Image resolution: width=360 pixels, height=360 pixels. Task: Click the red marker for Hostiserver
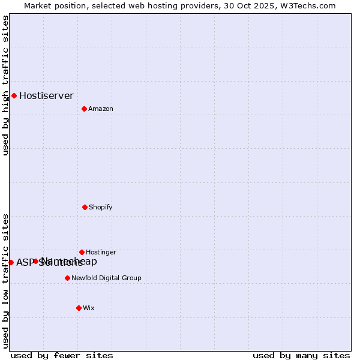pos(14,95)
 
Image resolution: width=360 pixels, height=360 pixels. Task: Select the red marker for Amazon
pos(84,109)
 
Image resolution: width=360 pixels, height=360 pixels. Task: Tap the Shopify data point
pos(85,207)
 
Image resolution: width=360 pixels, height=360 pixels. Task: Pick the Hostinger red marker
pos(82,252)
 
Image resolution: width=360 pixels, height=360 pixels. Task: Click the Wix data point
pos(79,308)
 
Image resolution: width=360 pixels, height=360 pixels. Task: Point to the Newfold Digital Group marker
pos(67,278)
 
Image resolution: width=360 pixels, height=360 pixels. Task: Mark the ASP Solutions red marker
pos(11,262)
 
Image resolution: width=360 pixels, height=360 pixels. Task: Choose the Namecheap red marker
pos(35,261)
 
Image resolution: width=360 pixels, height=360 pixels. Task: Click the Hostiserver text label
pos(46,95)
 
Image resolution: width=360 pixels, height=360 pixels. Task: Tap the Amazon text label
pos(101,109)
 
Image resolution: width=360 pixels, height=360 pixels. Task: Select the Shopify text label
pos(100,207)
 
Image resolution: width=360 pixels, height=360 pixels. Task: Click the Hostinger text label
pos(101,252)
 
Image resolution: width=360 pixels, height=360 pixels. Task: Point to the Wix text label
pos(89,308)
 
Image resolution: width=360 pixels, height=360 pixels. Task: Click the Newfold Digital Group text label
pos(106,278)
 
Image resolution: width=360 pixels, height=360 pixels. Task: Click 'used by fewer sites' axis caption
pos(62,355)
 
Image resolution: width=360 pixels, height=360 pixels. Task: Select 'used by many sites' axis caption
pos(301,355)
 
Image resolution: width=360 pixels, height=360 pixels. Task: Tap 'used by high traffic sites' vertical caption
pos(5,85)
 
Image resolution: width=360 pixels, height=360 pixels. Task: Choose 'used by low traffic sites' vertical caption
pos(5,280)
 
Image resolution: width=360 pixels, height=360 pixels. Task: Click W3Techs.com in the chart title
pos(307,5)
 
